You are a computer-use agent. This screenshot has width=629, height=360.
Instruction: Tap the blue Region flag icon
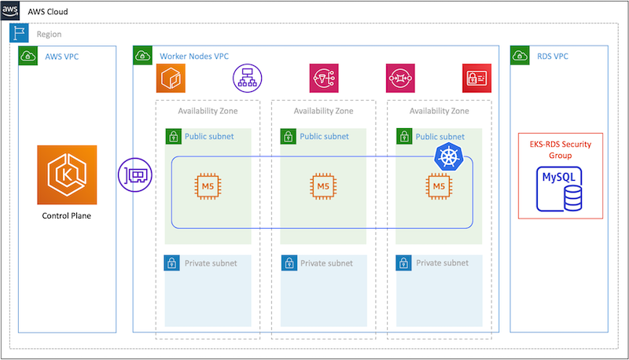click(19, 34)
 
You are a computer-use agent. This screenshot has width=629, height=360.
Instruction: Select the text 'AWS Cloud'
click(48, 13)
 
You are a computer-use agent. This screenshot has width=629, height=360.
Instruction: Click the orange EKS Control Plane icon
click(67, 174)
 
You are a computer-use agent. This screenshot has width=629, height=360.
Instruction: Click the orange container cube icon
click(171, 78)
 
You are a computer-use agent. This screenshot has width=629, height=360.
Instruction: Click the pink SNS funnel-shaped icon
click(323, 78)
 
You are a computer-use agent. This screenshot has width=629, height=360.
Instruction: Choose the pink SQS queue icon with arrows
click(399, 78)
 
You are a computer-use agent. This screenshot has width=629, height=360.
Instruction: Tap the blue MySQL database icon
click(560, 189)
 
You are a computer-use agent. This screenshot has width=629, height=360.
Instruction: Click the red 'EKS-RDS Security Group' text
click(560, 149)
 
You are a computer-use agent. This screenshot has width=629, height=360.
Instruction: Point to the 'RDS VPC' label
click(551, 57)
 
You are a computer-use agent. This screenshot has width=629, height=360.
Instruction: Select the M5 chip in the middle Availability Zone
click(323, 186)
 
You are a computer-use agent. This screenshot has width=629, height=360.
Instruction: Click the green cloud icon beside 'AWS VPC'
click(28, 56)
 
